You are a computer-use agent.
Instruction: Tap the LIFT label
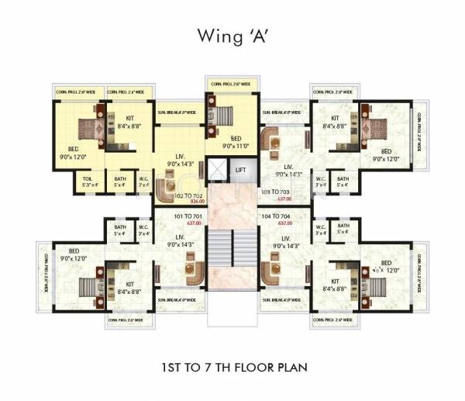pyautogui.click(x=241, y=169)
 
